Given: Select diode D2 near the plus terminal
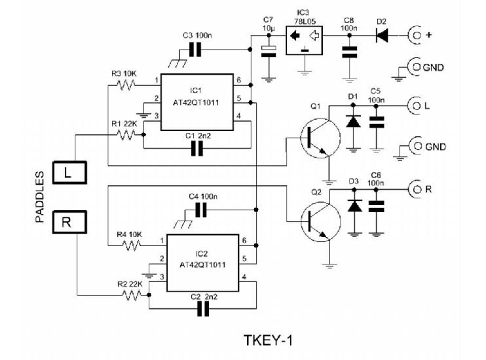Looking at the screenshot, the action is [x=382, y=35].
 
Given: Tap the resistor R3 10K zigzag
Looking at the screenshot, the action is [x=126, y=85].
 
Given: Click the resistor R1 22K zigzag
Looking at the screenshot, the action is [x=126, y=135].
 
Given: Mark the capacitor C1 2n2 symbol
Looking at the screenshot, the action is [x=196, y=149].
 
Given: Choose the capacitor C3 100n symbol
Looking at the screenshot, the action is [x=195, y=50].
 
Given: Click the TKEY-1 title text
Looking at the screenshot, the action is [x=268, y=340].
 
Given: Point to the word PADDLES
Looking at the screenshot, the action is [x=40, y=197].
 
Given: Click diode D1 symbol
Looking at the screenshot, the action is [x=353, y=121].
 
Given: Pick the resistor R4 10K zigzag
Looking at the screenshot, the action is [x=132, y=245].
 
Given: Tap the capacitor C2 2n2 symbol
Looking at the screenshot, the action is [x=203, y=309].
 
